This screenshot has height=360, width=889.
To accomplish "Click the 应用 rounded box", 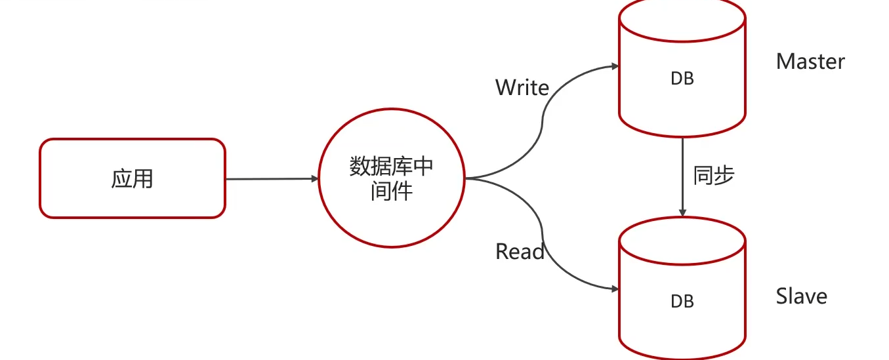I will (x=132, y=178).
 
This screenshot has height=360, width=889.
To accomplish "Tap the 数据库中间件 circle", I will (x=391, y=178).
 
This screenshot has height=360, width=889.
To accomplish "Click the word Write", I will (x=522, y=87).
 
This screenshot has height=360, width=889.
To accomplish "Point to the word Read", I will (x=520, y=251).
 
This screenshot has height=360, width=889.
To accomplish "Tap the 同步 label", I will (x=713, y=176).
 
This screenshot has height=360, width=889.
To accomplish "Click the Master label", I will (x=810, y=62).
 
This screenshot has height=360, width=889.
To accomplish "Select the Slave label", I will (x=801, y=296).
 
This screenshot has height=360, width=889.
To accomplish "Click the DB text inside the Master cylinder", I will (x=682, y=79).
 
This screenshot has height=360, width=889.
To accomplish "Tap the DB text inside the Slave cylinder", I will (x=682, y=301).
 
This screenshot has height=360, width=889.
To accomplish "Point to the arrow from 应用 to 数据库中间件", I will (x=269, y=178).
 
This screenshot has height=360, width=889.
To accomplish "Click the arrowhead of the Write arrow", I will (x=615, y=66).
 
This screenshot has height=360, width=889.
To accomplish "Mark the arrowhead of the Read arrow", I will (x=615, y=289).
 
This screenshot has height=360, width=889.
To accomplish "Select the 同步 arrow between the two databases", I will (x=682, y=174).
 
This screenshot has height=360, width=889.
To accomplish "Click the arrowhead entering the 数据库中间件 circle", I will (x=314, y=178).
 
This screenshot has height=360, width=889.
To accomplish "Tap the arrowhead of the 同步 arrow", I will (x=682, y=213).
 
